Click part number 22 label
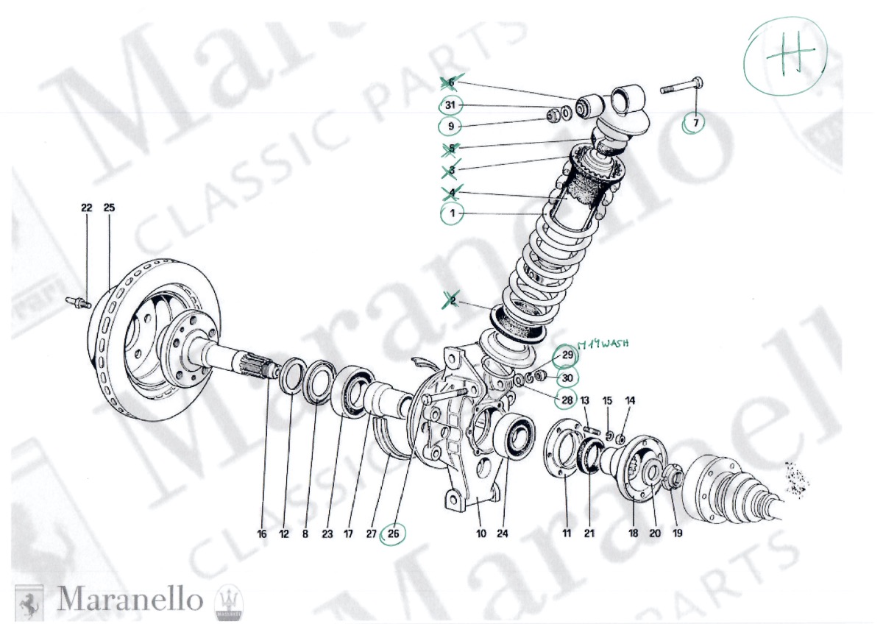(86, 208)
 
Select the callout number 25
(109, 208)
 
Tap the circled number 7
(694, 123)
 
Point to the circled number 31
(450, 105)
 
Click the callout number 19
(677, 533)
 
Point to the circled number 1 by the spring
(453, 215)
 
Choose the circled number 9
(450, 127)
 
